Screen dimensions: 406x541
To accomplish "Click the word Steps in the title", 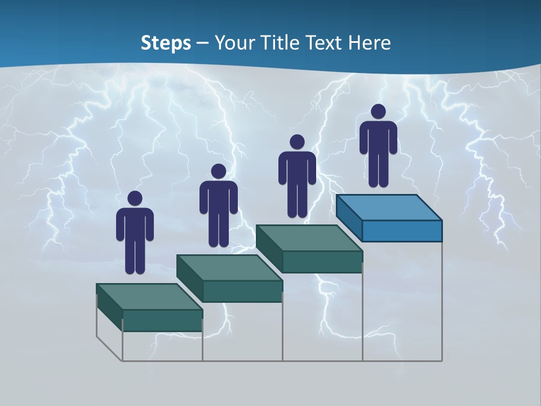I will pos(166,43).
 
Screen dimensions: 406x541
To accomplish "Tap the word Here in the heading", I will pos(369,43).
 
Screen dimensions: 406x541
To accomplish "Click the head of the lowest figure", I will pos(135,198).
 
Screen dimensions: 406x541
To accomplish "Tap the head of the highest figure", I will pos(378,112).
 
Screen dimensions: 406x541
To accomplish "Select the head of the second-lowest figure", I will pos(218,171).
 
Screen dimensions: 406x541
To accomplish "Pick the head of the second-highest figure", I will pos(296,142).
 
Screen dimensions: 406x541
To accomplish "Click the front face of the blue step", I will pos(402,231).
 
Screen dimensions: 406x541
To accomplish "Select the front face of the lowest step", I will pos(162,320).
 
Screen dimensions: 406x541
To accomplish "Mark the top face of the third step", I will pos(309,238).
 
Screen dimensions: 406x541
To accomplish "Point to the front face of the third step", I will pos(322,262).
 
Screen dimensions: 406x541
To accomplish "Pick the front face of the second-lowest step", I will pos(242,291).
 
